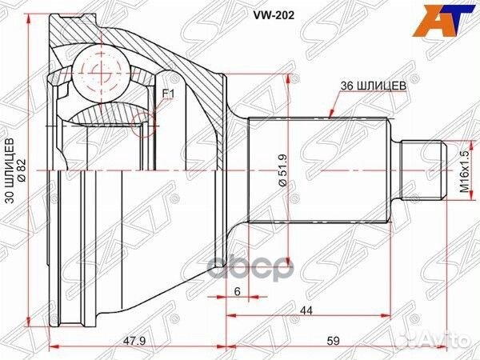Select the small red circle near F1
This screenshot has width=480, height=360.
tap(144, 122)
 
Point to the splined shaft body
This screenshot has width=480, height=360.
tap(320, 170)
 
